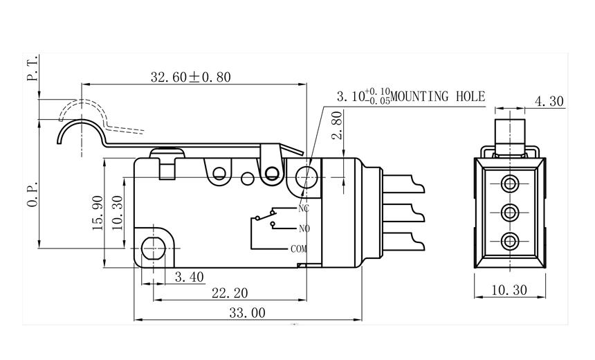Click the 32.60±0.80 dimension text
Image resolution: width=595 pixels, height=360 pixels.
tap(191, 77)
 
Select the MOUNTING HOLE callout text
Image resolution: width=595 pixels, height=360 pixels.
tap(439, 97)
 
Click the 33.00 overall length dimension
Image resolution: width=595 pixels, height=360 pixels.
tap(246, 313)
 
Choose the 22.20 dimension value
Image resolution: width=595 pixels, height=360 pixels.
tap(229, 294)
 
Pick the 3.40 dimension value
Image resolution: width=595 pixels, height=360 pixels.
tap(189, 277)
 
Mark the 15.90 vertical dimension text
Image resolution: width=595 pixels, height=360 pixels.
tap(97, 213)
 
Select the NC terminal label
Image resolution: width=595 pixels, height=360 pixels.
tap(303, 208)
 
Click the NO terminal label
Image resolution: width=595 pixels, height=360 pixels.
tap(303, 228)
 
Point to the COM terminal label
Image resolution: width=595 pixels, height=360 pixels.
tap(298, 248)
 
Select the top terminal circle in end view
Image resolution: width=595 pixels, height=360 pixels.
tap(511, 183)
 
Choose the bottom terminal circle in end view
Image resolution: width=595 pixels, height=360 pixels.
tap(511, 241)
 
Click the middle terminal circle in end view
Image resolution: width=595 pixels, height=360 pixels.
tap(511, 212)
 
